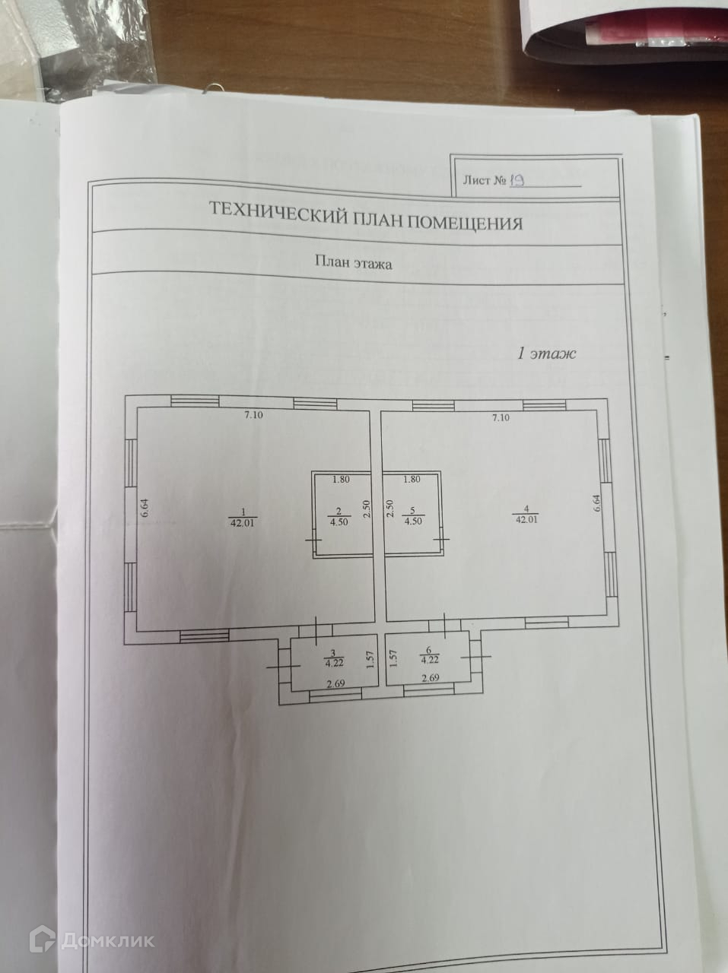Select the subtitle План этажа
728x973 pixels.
[x=354, y=263]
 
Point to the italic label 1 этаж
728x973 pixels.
[x=547, y=353]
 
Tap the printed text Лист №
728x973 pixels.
[x=484, y=182]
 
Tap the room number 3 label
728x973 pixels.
[x=330, y=652]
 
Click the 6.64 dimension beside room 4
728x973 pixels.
[x=597, y=505]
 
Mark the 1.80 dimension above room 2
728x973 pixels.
[x=342, y=480]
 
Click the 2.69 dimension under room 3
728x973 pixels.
[x=335, y=684]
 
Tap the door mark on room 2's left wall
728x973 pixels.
[x=314, y=540]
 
